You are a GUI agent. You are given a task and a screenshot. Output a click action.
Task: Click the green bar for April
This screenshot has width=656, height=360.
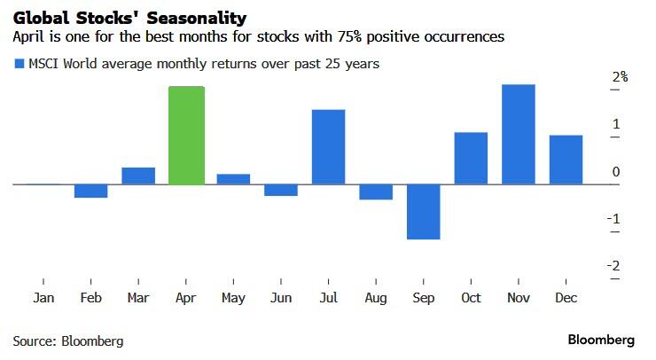click(186, 136)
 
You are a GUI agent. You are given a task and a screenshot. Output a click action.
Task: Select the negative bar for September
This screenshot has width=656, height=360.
click(424, 211)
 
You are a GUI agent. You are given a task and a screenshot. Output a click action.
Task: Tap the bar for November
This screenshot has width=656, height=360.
click(519, 135)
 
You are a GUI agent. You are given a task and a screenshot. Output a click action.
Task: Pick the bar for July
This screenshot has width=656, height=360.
click(328, 147)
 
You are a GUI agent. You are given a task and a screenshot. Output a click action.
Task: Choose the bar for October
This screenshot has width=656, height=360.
click(471, 158)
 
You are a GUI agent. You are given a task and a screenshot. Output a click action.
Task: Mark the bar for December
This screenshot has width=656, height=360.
click(566, 160)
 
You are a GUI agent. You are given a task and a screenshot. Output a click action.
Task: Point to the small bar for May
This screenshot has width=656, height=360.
click(233, 179)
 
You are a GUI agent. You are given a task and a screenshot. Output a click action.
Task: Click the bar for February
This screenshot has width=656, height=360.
click(90, 191)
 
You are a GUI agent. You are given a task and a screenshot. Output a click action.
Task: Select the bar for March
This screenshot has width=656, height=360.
click(138, 176)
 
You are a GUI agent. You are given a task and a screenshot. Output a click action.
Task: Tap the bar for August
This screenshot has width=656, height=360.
click(376, 192)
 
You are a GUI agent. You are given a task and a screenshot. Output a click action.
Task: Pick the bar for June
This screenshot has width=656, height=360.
click(281, 190)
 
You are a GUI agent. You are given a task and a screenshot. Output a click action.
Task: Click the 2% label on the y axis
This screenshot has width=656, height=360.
click(620, 77)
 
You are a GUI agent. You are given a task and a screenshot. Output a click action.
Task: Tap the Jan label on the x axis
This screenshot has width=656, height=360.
click(43, 298)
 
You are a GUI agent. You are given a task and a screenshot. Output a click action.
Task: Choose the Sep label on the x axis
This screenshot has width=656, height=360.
click(424, 298)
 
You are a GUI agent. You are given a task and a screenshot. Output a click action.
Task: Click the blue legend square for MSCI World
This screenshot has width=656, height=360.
click(18, 64)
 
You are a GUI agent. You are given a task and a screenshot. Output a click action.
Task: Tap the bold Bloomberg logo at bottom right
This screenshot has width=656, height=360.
click(601, 340)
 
